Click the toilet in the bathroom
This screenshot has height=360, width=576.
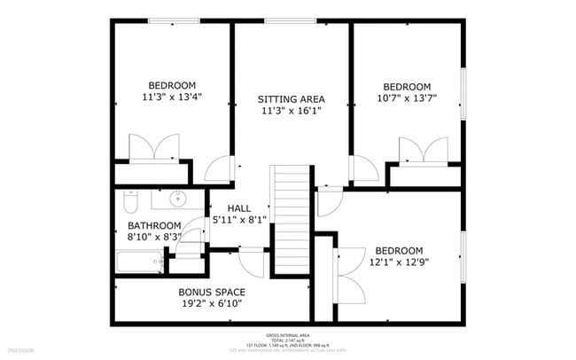click(129, 203)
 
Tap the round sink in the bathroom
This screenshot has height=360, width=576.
click(179, 198)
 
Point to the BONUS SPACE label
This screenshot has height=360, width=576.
click(212, 292)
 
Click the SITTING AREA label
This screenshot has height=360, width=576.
click(291, 98)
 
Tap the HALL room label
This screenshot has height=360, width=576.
click(239, 208)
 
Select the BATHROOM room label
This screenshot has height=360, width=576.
click(154, 225)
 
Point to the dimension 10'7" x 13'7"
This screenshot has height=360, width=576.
click(407, 98)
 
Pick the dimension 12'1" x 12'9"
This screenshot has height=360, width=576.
click(398, 262)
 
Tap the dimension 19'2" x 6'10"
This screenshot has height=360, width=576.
click(212, 303)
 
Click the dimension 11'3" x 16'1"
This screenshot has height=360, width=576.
click(291, 111)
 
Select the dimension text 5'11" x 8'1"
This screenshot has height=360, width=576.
click(239, 219)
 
